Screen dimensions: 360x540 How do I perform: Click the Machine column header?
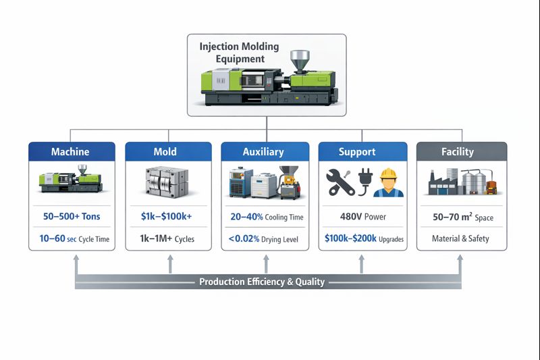click(x=70, y=152)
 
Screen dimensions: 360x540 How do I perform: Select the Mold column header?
click(x=165, y=152)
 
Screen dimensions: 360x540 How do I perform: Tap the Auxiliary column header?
click(x=263, y=152)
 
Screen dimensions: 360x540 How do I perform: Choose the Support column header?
click(x=362, y=152)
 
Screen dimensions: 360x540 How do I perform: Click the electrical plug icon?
click(x=367, y=182)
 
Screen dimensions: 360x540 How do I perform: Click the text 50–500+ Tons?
click(x=70, y=217)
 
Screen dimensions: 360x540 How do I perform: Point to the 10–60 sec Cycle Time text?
click(x=70, y=239)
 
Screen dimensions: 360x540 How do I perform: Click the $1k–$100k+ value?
click(x=165, y=217)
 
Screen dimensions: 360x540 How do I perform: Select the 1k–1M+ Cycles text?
click(x=165, y=239)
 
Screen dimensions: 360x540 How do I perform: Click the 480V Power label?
click(x=362, y=217)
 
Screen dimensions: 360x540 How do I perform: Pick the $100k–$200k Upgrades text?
click(x=362, y=239)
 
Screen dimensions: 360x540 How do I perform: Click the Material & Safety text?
click(x=461, y=239)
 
